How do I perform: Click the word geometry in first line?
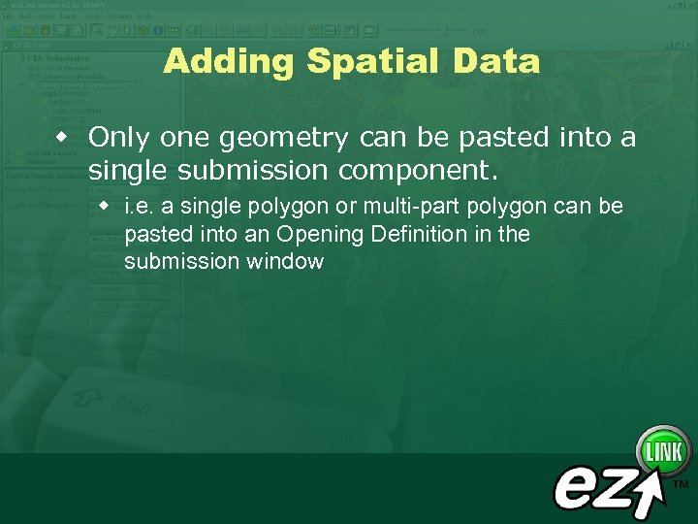click(x=283, y=139)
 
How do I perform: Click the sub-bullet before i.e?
click(x=105, y=207)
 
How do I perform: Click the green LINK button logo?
click(x=664, y=452)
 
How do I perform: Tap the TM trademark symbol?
click(x=681, y=483)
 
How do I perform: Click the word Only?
click(x=119, y=139)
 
